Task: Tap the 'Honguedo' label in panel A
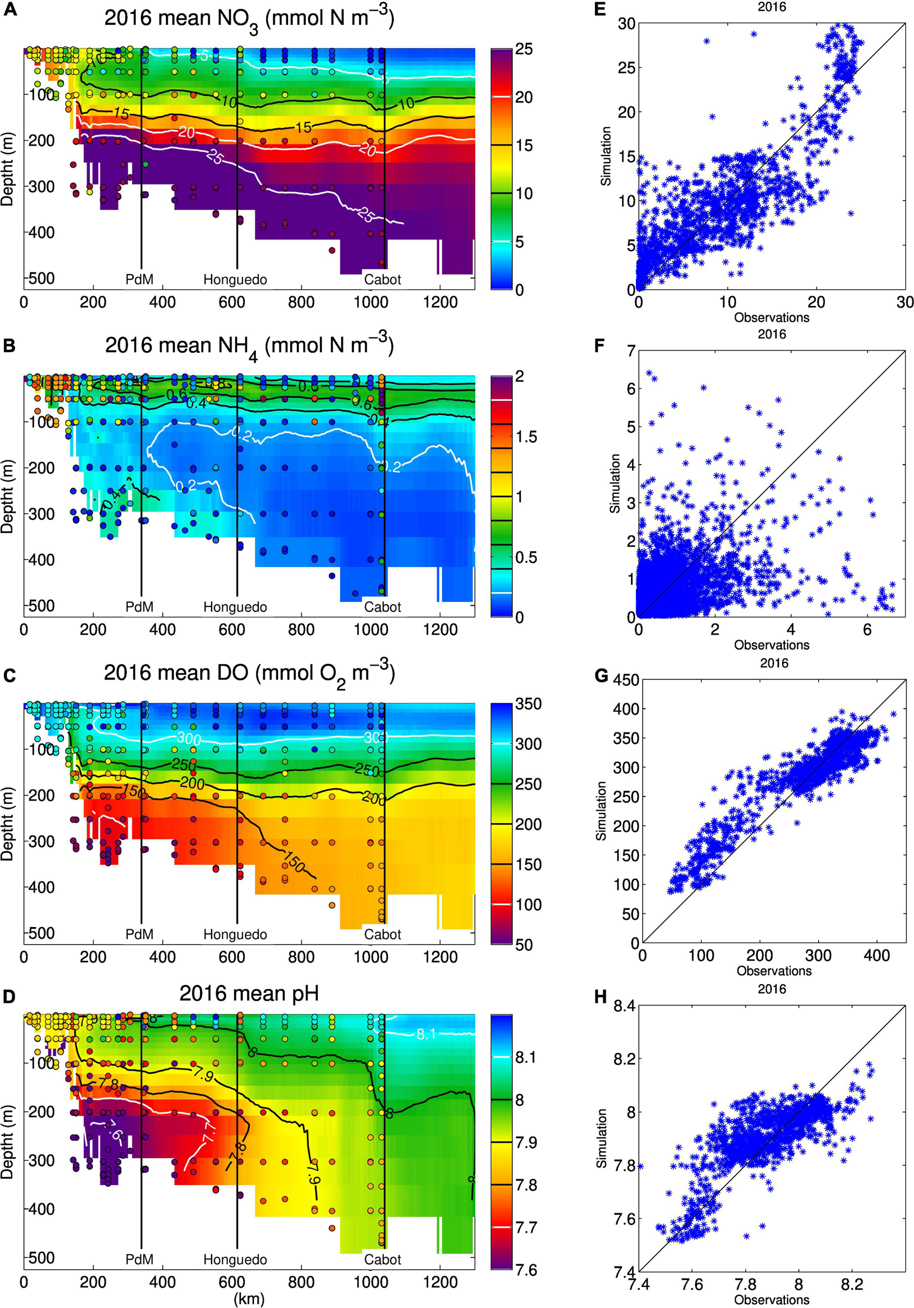pyautogui.click(x=235, y=280)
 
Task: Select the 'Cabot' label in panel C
pyautogui.click(x=382, y=934)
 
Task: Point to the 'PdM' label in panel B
pyautogui.click(x=140, y=607)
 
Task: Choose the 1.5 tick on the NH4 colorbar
pyautogui.click(x=526, y=437)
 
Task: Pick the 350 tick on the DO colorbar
pyautogui.click(x=528, y=704)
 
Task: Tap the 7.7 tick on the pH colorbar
pyautogui.click(x=526, y=1227)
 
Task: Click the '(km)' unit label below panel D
pyautogui.click(x=249, y=1299)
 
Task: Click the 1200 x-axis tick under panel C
pyautogui.click(x=440, y=957)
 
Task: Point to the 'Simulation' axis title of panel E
pyautogui.click(x=607, y=156)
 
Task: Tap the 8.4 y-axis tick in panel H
pyautogui.click(x=623, y=1007)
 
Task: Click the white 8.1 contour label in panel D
pyautogui.click(x=425, y=1034)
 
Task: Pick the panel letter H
pyautogui.click(x=599, y=999)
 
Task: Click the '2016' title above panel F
pyautogui.click(x=772, y=334)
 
